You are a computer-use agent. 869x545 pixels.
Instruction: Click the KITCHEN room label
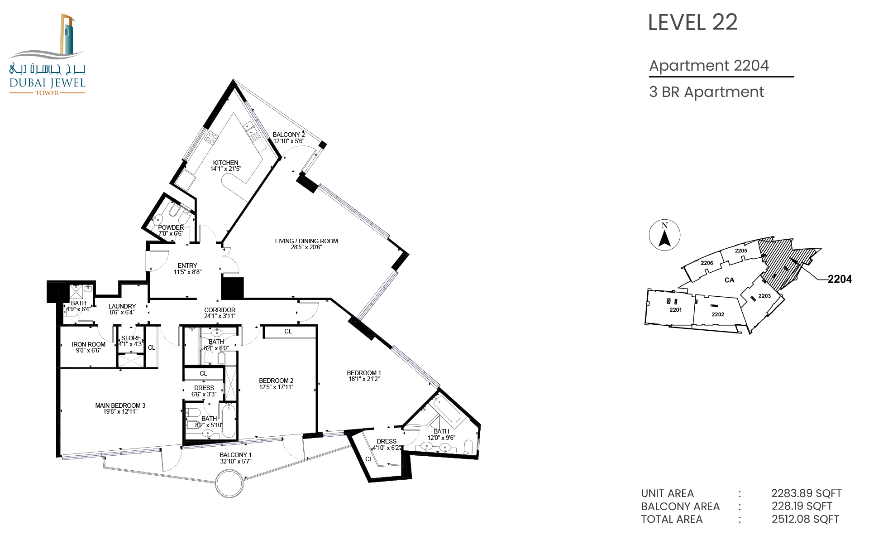(225, 163)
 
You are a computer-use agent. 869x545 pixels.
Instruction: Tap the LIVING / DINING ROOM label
(306, 241)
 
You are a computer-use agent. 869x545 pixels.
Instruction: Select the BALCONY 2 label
(289, 135)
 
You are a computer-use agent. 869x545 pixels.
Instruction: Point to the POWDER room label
(171, 227)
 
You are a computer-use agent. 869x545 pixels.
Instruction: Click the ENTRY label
(187, 265)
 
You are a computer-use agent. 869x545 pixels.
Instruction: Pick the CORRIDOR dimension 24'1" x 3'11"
(220, 316)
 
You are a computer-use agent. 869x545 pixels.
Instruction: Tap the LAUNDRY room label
(122, 306)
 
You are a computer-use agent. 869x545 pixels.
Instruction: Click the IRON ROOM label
(89, 344)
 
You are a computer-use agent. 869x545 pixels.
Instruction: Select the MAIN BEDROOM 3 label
(120, 405)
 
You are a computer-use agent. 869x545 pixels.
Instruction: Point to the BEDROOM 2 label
(276, 381)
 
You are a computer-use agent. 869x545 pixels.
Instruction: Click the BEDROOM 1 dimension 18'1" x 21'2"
(364, 379)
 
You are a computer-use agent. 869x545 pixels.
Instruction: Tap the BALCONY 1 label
(235, 455)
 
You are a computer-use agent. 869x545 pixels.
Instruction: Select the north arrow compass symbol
(664, 235)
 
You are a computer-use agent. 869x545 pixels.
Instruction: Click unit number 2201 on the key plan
(676, 310)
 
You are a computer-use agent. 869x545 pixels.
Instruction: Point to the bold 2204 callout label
(840, 280)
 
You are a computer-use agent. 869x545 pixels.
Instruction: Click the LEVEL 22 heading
(693, 22)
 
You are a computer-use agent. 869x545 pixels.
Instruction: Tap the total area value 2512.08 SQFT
(806, 519)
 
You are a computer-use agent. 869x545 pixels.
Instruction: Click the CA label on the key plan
(730, 280)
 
